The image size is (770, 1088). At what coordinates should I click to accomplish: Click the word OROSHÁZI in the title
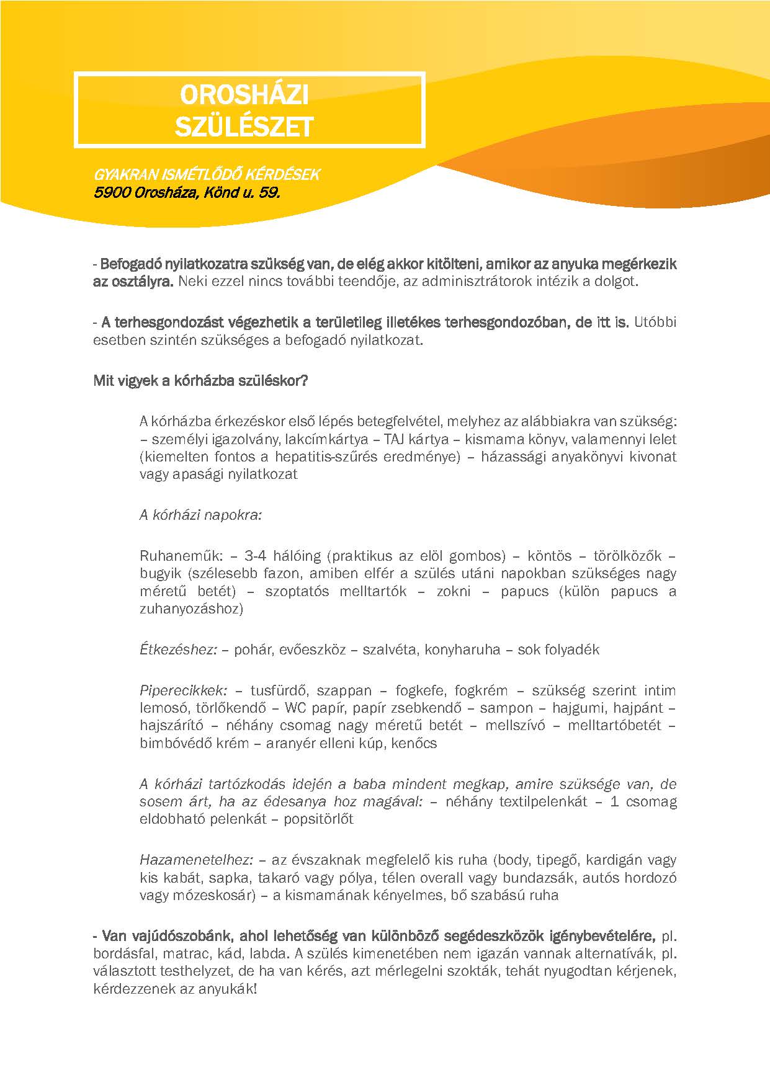(244, 94)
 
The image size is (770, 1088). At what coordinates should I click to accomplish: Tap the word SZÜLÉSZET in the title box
(244, 127)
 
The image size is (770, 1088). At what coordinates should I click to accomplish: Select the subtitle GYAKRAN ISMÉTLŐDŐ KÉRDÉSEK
(207, 175)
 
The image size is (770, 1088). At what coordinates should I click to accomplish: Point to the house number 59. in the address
(268, 192)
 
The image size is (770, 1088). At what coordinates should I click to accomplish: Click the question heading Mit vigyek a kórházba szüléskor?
(200, 381)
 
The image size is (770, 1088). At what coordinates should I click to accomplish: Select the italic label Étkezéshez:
(178, 650)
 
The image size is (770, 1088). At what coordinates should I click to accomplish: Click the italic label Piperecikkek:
(184, 691)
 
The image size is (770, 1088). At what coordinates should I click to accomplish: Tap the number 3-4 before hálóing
(257, 556)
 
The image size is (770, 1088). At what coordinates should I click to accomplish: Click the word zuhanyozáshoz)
(191, 609)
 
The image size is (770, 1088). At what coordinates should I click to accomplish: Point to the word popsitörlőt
(318, 819)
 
